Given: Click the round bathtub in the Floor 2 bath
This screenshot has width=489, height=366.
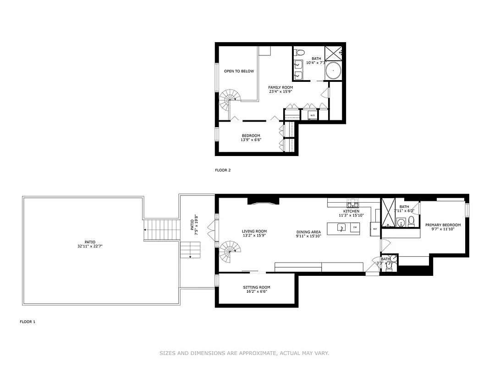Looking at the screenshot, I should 333,71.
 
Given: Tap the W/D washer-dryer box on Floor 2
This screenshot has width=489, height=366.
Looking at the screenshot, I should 313,115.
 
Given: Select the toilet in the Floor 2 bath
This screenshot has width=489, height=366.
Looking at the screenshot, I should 297,52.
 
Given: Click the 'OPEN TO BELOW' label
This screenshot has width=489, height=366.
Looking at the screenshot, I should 239,71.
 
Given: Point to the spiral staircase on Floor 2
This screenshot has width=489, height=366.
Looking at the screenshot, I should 230,97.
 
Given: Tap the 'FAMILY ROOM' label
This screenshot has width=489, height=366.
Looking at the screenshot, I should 280,87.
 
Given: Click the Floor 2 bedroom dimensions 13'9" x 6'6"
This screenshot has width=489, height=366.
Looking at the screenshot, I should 251,140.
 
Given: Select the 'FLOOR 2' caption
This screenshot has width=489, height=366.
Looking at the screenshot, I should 223,170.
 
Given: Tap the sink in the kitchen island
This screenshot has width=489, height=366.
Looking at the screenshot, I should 341,227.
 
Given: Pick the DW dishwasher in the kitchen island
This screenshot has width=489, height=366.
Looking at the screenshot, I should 354,227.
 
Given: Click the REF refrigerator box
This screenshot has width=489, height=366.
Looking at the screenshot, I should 374,229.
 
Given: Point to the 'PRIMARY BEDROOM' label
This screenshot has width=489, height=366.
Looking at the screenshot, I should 443,225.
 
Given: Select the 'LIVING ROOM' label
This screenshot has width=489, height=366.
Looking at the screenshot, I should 254,231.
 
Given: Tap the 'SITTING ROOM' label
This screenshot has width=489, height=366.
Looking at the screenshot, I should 256,287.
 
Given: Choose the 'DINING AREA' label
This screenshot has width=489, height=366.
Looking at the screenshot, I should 308,232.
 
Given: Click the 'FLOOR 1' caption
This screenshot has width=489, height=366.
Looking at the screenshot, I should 27,322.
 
